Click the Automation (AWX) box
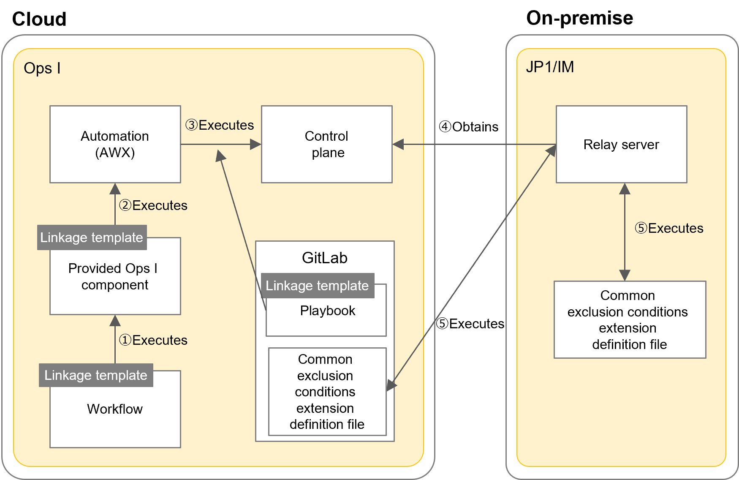point(115,144)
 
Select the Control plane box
point(326,144)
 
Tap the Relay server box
point(621,144)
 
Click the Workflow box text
point(115,409)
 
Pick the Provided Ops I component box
point(115,277)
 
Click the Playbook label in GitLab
point(327,311)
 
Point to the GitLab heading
point(324,258)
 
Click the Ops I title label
point(42,68)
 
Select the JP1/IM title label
point(549,67)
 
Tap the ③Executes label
point(220,125)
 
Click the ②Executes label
point(153,205)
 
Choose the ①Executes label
point(153,340)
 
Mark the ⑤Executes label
point(669,228)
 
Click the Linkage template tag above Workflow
point(96,375)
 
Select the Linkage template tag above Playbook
point(317,286)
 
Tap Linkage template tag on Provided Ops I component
point(92,237)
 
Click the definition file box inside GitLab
point(327,392)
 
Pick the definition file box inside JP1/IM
point(629,320)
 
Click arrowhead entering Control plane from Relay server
point(398,144)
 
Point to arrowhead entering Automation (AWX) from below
point(115,189)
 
